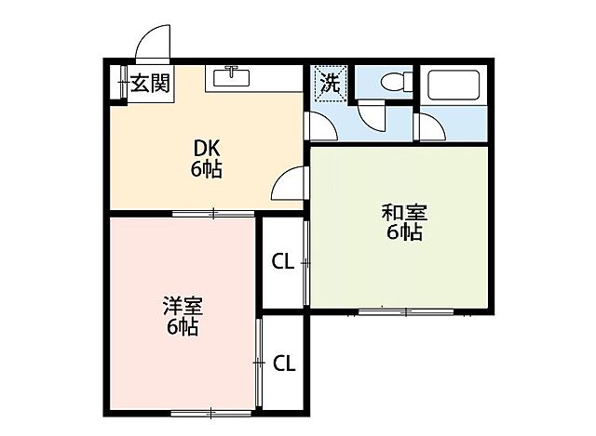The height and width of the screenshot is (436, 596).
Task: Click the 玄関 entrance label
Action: tap(149, 84)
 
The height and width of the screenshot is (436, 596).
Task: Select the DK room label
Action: tap(208, 148)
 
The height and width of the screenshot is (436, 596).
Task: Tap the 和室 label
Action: tap(401, 212)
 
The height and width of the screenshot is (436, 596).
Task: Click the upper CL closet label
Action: tap(283, 262)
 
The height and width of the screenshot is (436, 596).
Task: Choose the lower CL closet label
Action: tap(284, 363)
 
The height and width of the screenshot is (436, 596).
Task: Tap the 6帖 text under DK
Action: tap(208, 169)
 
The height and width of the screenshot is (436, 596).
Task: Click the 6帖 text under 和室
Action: tap(404, 232)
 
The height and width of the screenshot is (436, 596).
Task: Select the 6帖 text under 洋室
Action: tap(183, 328)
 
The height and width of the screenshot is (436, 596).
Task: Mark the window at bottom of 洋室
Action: tap(210, 411)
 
